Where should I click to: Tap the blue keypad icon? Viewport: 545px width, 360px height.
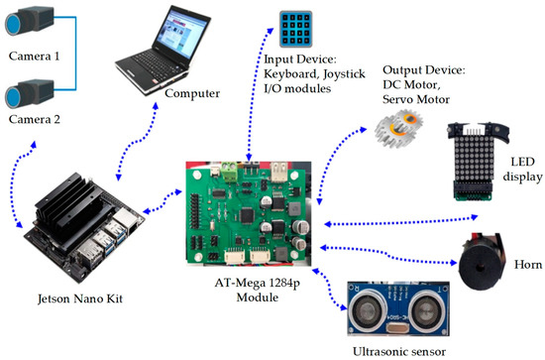[297, 29]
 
